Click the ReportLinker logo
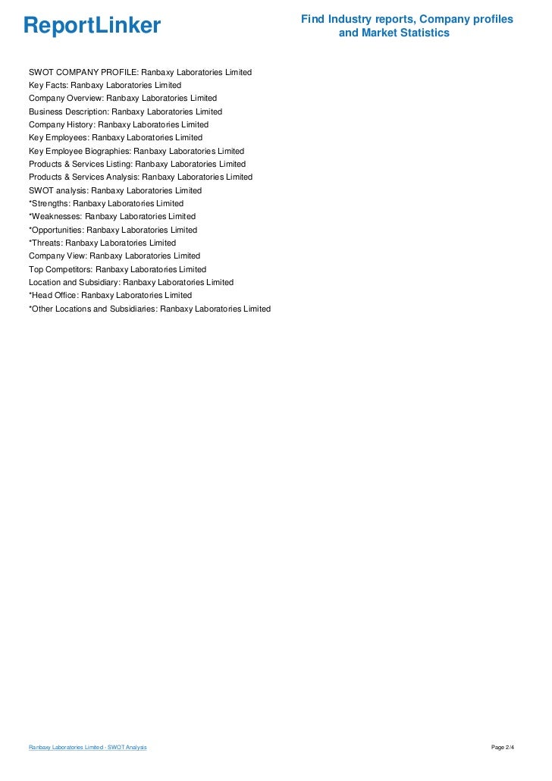[92, 26]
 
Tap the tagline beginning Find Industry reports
[406, 26]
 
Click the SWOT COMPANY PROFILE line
[140, 72]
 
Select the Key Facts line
[105, 86]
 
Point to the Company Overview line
[123, 99]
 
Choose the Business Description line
[125, 111]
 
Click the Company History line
[118, 124]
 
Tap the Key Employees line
[115, 138]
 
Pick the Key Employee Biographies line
[136, 151]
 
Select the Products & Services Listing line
[137, 164]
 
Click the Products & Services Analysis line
[140, 177]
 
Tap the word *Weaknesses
[55, 216]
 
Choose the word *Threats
[45, 243]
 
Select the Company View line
[114, 256]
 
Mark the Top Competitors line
[118, 269]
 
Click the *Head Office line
[110, 295]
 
